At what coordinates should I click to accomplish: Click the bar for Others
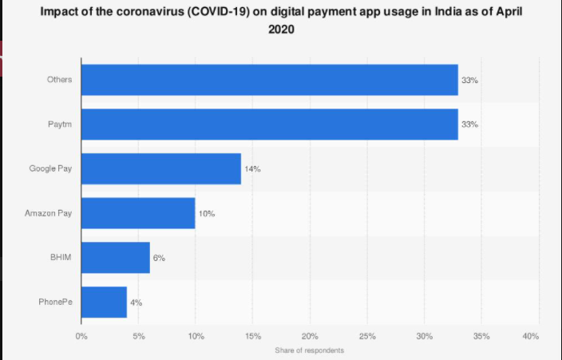pos(269,80)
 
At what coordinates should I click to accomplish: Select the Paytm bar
pos(269,125)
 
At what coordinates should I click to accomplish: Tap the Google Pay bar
pos(160,169)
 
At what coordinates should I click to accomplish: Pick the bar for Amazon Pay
pos(138,213)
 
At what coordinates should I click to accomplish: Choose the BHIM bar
pos(115,258)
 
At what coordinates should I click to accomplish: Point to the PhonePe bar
pos(104,303)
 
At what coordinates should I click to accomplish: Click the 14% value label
pos(253,169)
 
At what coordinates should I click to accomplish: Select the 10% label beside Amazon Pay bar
pos(207,214)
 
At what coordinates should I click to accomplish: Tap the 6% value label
pos(159,259)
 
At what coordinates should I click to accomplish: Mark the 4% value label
pos(136,303)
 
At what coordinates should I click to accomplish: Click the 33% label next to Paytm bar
pos(469,125)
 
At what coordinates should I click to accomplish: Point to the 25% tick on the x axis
pos(366,337)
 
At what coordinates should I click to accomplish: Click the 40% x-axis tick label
pos(531,337)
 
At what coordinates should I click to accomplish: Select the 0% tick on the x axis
pos(81,337)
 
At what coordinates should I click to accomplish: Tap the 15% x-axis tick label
pos(252,337)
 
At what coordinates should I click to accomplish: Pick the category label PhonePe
pos(55,303)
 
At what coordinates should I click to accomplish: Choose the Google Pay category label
pos(50,169)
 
